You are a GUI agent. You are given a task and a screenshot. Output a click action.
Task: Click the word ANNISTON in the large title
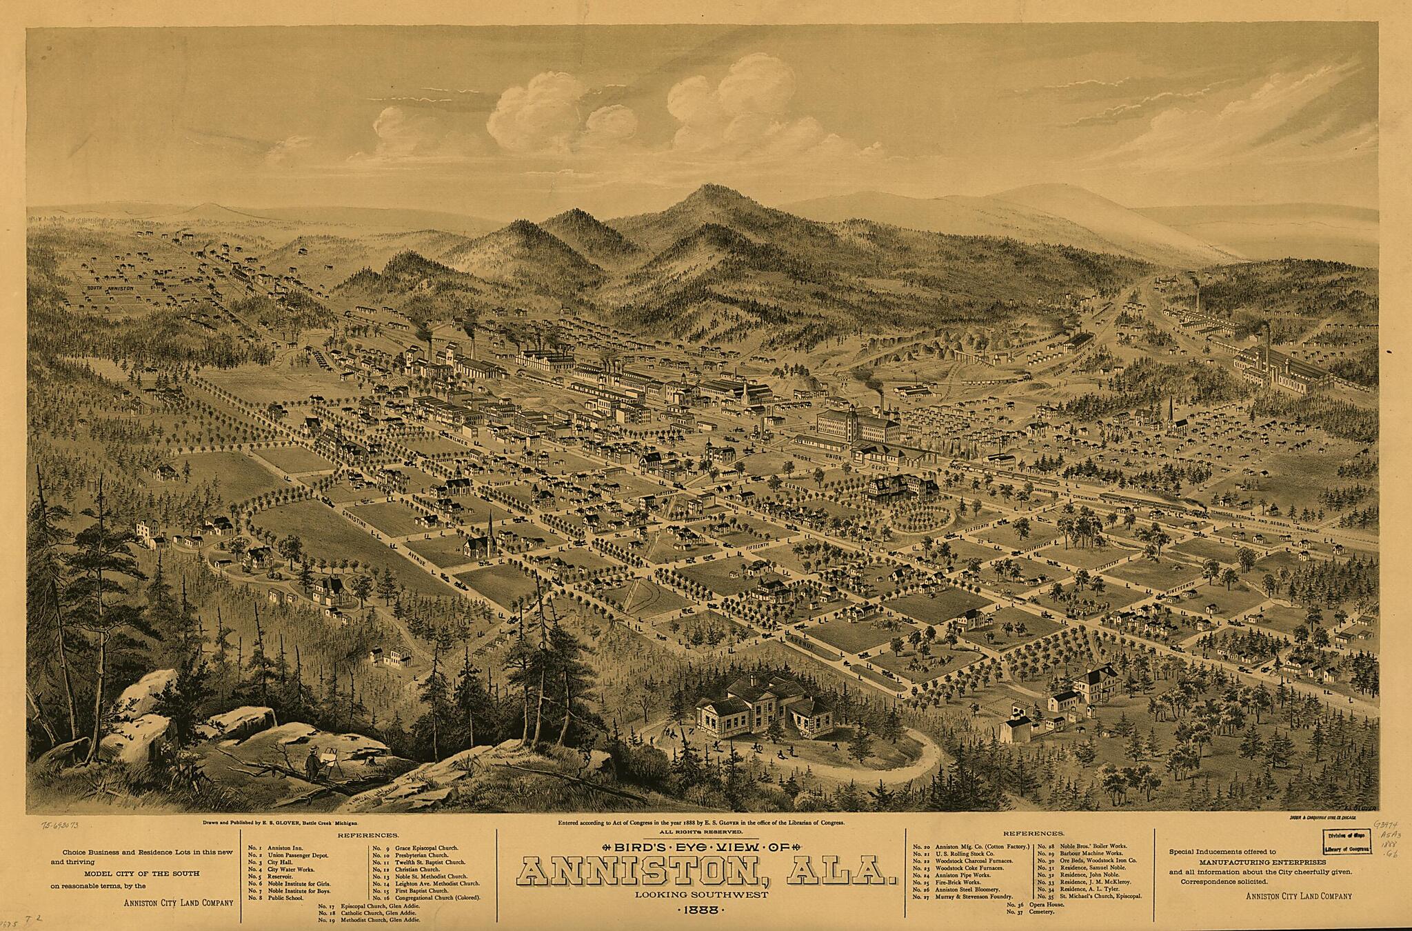click(633, 872)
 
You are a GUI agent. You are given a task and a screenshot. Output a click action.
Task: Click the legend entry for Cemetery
click(1033, 912)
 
